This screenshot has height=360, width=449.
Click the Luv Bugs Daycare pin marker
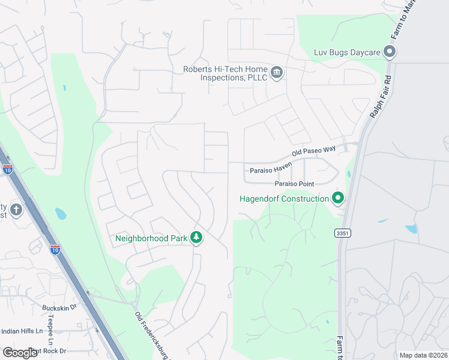(390, 52)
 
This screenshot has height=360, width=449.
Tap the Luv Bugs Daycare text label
(347, 52)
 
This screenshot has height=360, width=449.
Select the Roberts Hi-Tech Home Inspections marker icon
(276, 73)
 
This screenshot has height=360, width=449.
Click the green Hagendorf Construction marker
(338, 197)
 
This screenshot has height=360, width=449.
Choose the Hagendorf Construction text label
(284, 199)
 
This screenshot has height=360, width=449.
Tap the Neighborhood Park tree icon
(196, 238)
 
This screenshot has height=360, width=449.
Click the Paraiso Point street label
(295, 183)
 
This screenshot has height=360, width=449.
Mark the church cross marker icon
(16, 210)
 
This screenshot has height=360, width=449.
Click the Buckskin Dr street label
(60, 308)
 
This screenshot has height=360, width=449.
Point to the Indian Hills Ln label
(22, 331)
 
